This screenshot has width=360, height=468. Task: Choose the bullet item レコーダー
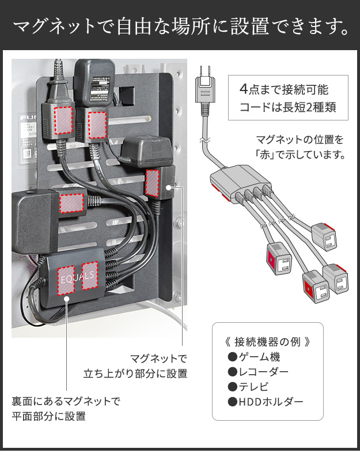(x=259, y=371)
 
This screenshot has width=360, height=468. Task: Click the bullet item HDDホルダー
(x=266, y=402)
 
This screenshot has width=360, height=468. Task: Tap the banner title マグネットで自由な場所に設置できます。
(x=180, y=26)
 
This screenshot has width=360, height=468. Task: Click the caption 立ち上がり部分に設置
(x=136, y=373)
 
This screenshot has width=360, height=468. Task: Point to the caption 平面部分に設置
(x=48, y=416)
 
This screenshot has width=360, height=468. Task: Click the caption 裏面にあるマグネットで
(x=66, y=401)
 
